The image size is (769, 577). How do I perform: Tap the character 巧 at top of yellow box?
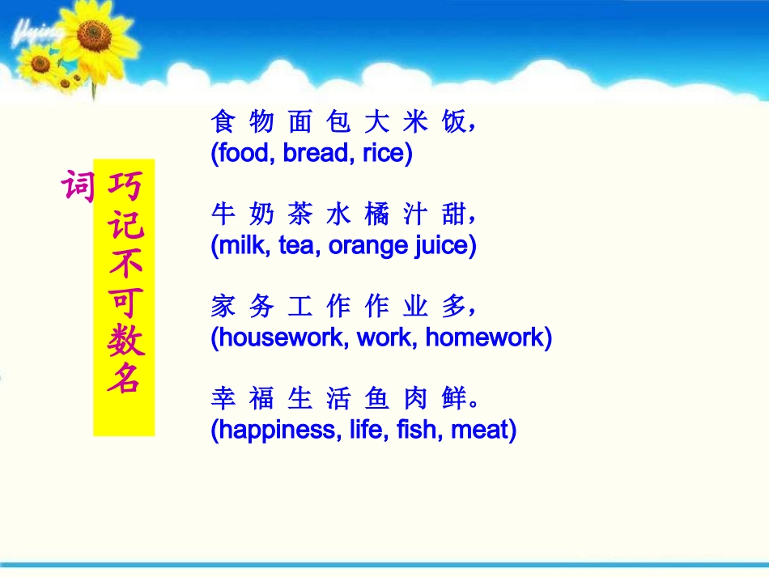[x=125, y=187]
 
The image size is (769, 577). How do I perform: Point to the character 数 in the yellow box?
[x=125, y=340]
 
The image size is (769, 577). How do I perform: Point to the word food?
[x=244, y=154]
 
